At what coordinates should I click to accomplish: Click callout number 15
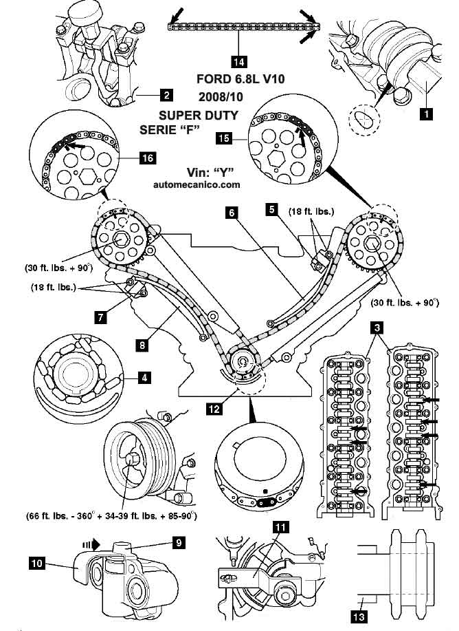pyautogui.click(x=223, y=138)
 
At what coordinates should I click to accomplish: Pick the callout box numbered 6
pyautogui.click(x=233, y=213)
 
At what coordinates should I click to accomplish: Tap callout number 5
pyautogui.click(x=273, y=207)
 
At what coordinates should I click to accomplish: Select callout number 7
pyautogui.click(x=101, y=317)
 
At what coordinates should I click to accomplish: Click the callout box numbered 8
pyautogui.click(x=142, y=346)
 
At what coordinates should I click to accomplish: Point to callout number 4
pyautogui.click(x=144, y=377)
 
